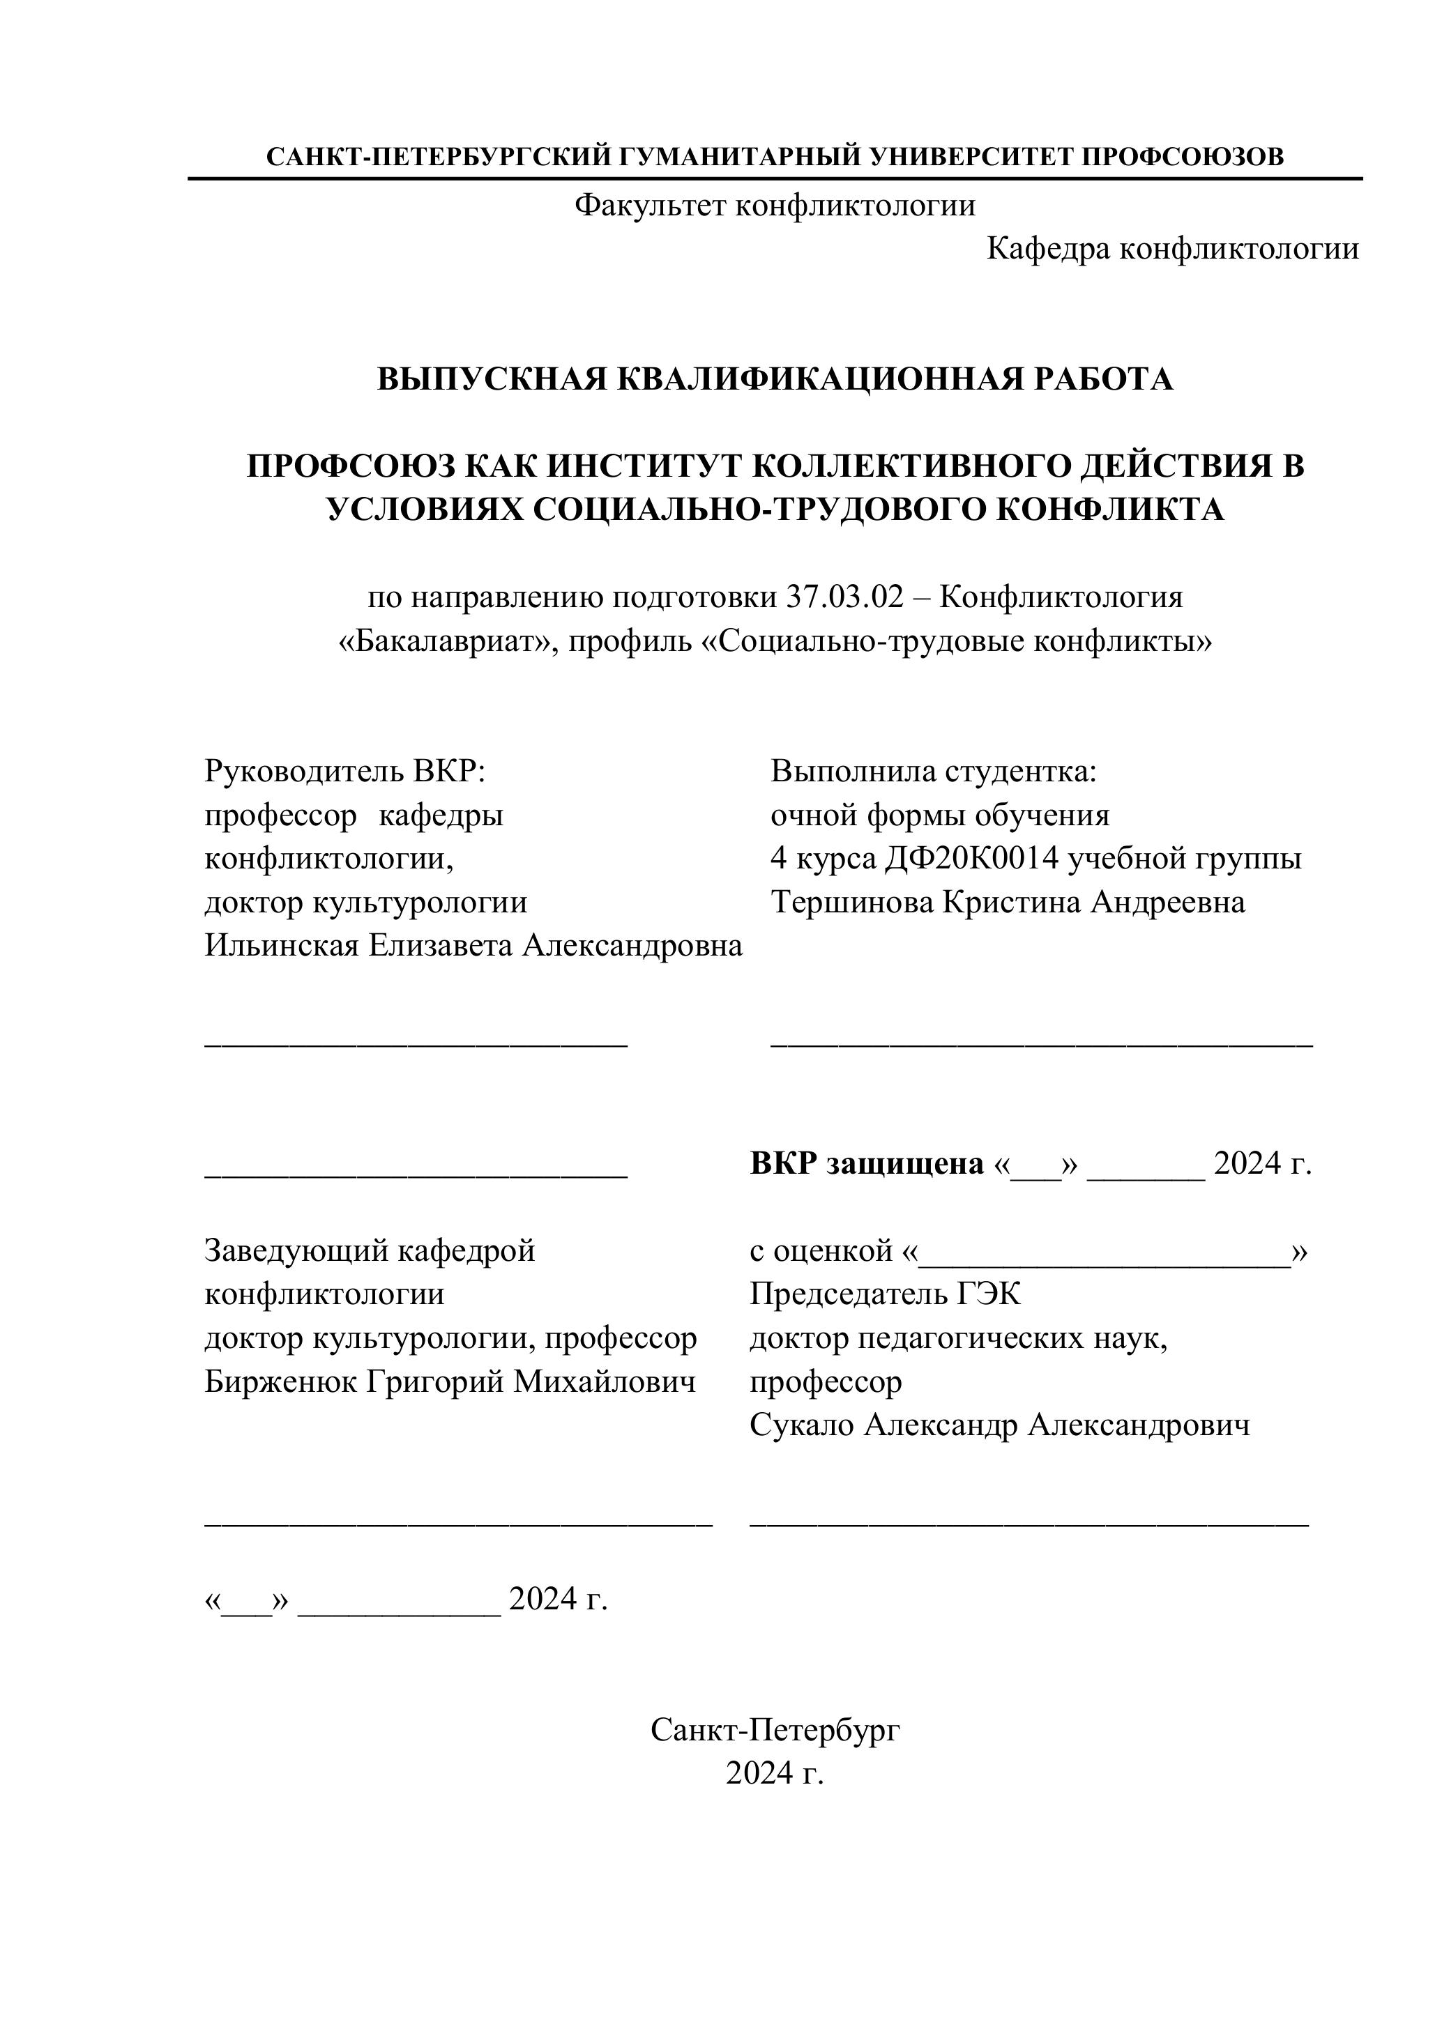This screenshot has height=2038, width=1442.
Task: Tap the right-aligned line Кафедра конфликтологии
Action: pyautogui.click(x=1172, y=250)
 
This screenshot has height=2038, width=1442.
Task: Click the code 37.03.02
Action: pyautogui.click(x=844, y=597)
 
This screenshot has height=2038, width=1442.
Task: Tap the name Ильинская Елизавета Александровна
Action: pyautogui.click(x=473, y=945)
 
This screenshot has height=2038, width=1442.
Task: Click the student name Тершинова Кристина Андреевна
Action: pyautogui.click(x=1007, y=902)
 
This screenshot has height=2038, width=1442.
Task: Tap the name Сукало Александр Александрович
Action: pyautogui.click(x=999, y=1425)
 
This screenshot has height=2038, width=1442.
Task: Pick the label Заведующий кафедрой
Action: pyautogui.click(x=370, y=1250)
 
